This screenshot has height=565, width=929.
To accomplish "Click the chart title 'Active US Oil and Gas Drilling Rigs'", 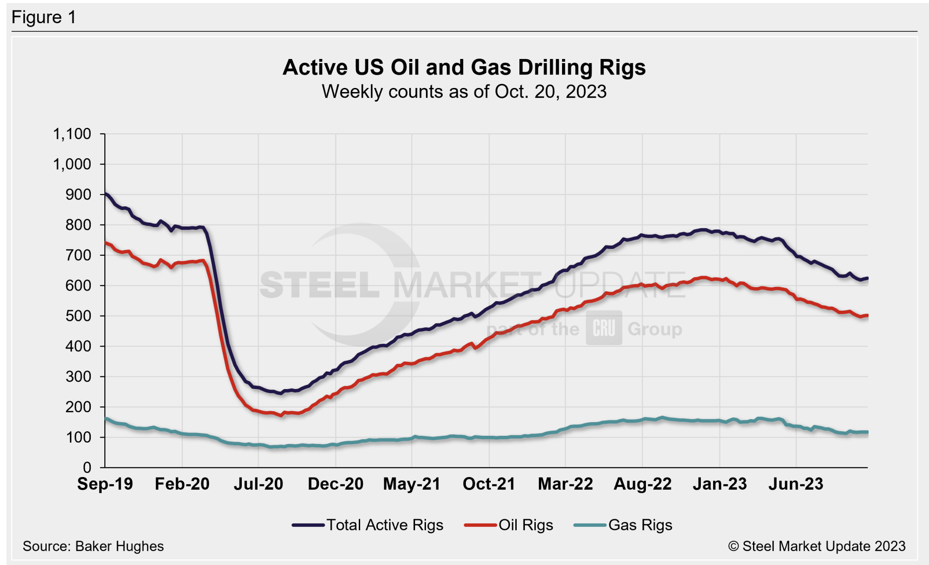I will click(464, 68).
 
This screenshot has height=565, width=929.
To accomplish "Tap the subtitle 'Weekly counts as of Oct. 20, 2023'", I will click(464, 92).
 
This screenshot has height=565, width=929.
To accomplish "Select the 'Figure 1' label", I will click(44, 18).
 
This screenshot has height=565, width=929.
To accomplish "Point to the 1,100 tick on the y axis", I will click(72, 134).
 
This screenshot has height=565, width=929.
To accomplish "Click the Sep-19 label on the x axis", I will click(105, 484).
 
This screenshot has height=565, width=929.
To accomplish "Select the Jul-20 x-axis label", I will click(258, 484).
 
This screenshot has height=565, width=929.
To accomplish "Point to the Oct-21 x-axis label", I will click(489, 484).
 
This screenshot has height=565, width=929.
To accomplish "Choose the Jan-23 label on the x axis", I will click(719, 484).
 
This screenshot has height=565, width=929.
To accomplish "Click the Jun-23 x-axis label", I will click(796, 484).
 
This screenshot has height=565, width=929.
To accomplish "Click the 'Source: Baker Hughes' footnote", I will click(93, 546).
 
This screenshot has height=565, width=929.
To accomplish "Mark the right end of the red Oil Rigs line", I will click(867, 316).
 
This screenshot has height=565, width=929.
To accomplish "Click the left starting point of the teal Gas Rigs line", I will click(106, 419).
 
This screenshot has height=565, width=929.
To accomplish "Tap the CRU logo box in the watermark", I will click(604, 328).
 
